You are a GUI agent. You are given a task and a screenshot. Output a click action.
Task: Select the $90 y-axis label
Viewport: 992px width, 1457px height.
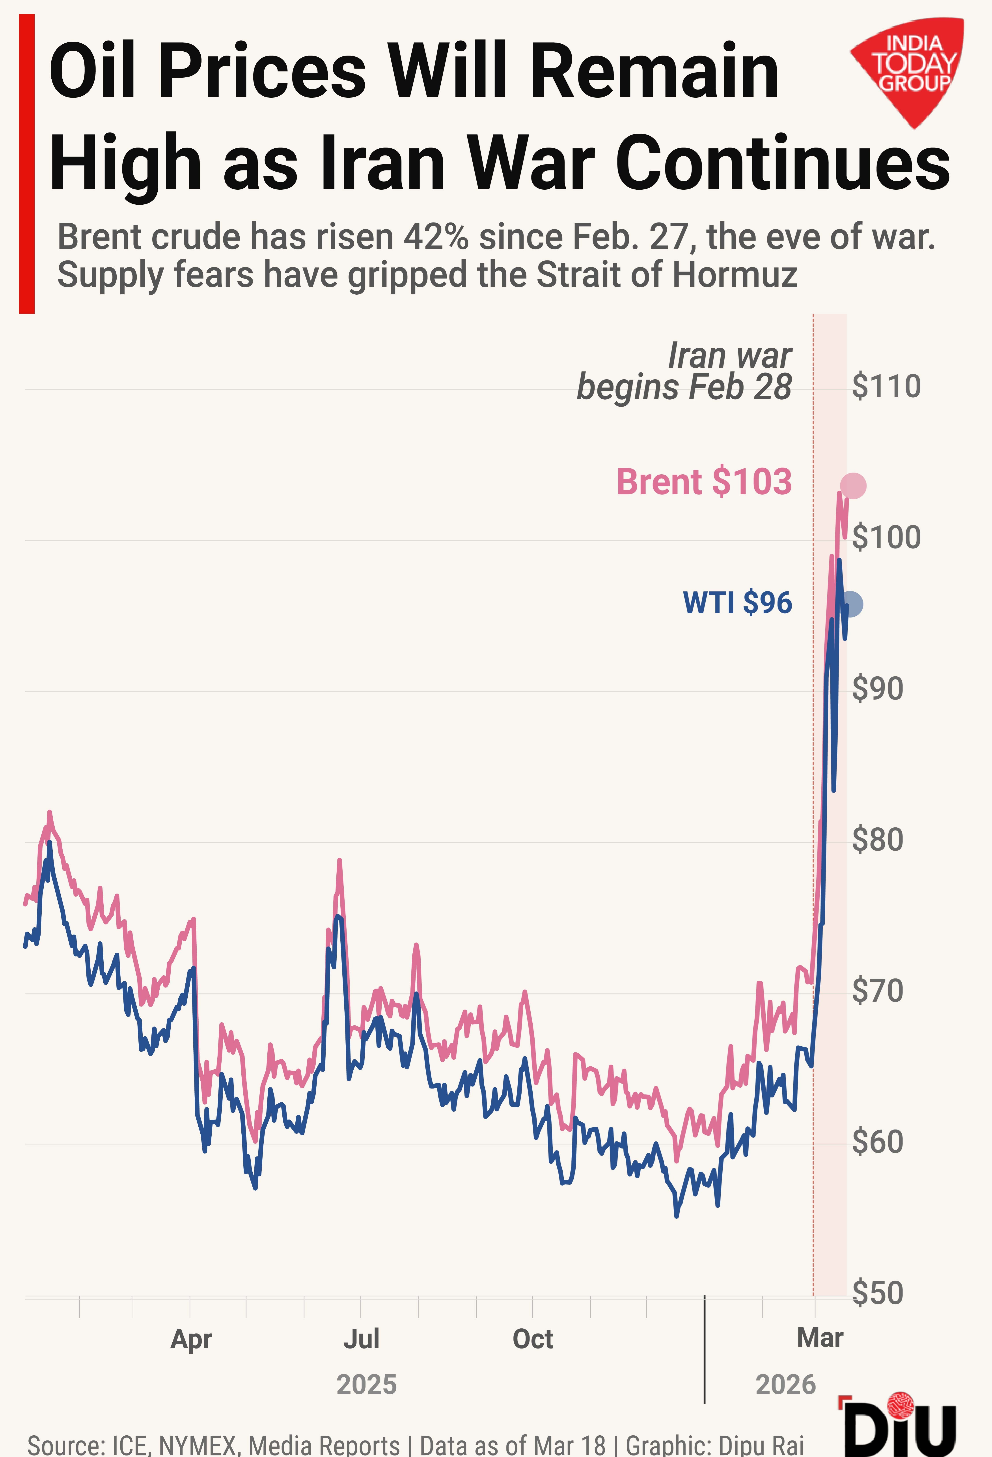tap(877, 689)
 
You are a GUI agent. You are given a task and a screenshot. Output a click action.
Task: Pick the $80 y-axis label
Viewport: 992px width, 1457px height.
tap(877, 840)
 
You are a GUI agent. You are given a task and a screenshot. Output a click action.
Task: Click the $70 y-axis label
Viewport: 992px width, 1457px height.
tap(877, 991)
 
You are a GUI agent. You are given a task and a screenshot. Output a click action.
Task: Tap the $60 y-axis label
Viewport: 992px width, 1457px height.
tap(877, 1142)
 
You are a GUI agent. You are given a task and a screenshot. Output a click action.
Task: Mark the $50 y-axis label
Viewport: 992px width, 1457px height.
tap(877, 1293)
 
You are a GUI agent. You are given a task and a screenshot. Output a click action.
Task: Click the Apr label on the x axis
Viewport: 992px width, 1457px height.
tap(191, 1339)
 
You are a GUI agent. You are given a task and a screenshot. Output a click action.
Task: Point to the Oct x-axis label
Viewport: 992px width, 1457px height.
tap(533, 1339)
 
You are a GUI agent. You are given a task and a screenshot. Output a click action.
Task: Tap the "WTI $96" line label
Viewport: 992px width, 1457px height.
tap(738, 602)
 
